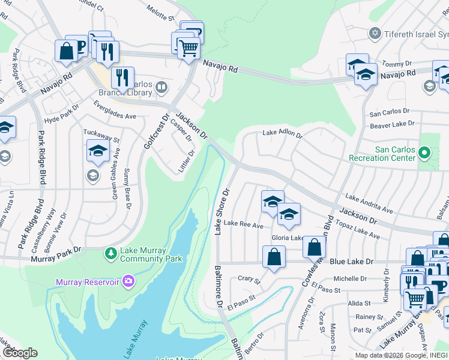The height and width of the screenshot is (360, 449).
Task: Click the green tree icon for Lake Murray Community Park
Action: click(110, 254)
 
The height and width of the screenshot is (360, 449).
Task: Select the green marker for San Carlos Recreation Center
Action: click(425, 153)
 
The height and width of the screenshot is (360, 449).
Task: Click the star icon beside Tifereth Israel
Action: click(376, 33)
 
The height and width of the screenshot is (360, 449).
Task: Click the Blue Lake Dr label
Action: click(352, 262)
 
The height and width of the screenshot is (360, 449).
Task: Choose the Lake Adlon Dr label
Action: click(282, 135)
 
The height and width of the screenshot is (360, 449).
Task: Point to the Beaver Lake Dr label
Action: click(392, 124)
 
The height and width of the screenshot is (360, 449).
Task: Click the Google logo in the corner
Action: click(21, 352)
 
